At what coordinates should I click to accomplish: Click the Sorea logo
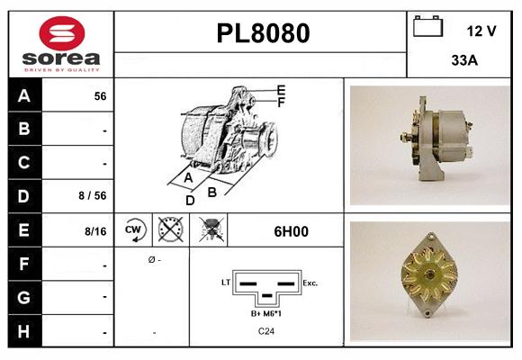click(x=60, y=45)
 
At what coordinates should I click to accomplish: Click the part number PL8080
click(x=263, y=33)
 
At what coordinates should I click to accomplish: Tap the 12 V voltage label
click(x=481, y=31)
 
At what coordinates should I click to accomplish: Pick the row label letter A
click(x=24, y=95)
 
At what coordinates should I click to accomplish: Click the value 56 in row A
click(x=100, y=96)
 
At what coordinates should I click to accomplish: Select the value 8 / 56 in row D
click(x=94, y=194)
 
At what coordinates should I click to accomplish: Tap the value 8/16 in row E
click(x=95, y=231)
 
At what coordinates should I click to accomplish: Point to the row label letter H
click(x=24, y=332)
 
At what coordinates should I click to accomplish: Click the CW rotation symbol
click(x=134, y=230)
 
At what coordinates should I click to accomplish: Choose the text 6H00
click(x=291, y=231)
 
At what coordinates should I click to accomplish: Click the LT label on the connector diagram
click(x=227, y=282)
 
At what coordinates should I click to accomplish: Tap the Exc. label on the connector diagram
click(x=310, y=283)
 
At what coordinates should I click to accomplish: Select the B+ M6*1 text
click(x=267, y=313)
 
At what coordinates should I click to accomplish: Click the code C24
click(x=267, y=331)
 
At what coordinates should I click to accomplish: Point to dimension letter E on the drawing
click(x=281, y=90)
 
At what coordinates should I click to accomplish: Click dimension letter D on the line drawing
click(x=190, y=200)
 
